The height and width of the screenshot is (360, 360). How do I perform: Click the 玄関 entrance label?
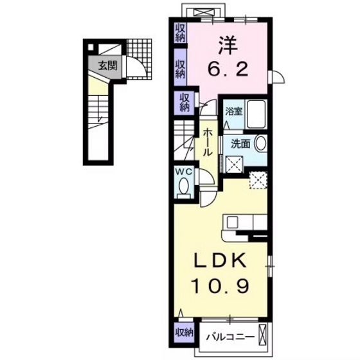tap(107, 64)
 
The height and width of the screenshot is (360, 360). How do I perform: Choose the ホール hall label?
tap(208, 143)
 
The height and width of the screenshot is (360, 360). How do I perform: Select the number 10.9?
tap(221, 284)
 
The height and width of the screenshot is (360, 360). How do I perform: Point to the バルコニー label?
tap(226, 335)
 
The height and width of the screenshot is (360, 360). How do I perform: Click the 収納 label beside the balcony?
tap(184, 332)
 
